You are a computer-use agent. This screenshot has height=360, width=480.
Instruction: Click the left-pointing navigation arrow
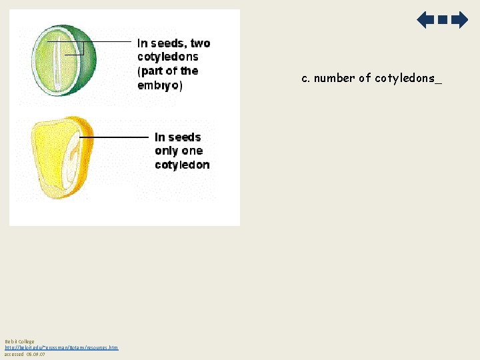[425, 20]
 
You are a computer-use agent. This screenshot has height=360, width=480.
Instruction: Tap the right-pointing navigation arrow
[459, 20]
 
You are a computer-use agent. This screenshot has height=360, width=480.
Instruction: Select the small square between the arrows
[442, 20]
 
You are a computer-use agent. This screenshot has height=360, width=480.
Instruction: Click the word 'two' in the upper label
[200, 43]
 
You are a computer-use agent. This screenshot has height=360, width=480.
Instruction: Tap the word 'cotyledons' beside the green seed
[168, 57]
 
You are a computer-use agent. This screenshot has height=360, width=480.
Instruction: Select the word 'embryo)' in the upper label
[160, 85]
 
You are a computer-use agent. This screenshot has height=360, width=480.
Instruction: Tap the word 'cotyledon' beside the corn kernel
[182, 165]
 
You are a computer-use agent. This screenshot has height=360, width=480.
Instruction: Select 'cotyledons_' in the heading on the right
[408, 78]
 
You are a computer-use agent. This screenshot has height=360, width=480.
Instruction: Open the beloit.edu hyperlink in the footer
[61, 348]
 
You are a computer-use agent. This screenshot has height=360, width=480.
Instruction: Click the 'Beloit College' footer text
[19, 342]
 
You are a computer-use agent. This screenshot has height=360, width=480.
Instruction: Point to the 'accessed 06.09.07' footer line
[25, 354]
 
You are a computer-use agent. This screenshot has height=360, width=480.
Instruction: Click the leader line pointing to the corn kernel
[113, 137]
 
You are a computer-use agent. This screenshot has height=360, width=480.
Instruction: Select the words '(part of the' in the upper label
[168, 71]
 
